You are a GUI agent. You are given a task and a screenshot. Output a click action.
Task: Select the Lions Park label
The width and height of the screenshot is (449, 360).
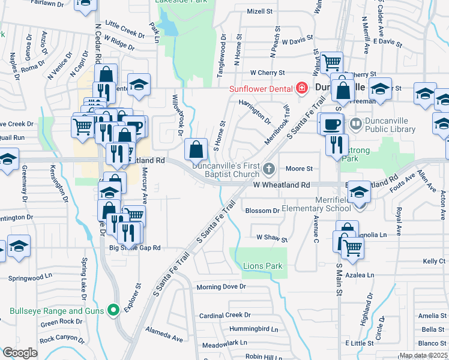pos(262,266)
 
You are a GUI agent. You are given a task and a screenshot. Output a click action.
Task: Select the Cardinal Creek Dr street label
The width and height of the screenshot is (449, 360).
pos(224,315)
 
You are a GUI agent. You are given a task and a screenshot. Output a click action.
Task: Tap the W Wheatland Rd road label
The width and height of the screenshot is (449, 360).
pos(281,186)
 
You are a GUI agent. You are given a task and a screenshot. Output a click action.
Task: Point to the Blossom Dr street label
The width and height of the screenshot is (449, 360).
pos(262,211)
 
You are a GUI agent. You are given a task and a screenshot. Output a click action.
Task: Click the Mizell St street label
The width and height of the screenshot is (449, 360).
pos(259,11)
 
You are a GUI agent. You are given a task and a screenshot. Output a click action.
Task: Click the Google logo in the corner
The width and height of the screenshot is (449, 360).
pos(20,353)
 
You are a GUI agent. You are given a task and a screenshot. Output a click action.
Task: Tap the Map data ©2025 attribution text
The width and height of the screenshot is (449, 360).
pos(423,355)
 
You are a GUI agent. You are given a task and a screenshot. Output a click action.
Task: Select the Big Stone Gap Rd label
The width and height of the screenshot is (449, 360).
pos(135,247)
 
